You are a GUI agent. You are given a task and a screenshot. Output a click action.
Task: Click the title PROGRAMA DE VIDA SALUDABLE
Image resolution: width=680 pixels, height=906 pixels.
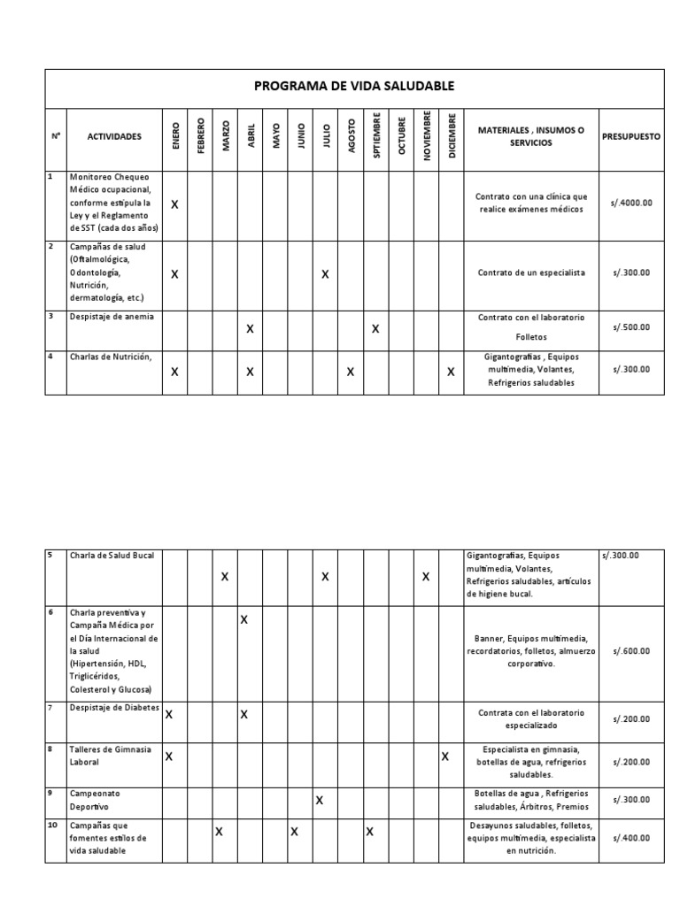pos(353,86)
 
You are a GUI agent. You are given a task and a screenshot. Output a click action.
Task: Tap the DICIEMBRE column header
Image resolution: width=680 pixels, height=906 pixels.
pos(452,136)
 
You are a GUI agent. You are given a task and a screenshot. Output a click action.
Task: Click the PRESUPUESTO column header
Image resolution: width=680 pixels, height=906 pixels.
pos(631,137)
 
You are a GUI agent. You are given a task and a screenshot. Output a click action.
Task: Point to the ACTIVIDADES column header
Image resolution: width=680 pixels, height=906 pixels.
pos(113,137)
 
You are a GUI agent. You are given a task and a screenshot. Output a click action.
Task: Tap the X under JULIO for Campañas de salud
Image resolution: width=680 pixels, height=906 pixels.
pos(326,274)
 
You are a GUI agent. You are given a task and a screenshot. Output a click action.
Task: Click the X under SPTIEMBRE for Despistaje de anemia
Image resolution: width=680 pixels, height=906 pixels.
pos(375,329)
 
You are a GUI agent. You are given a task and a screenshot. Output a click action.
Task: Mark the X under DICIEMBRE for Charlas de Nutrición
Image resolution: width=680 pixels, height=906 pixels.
pos(451,372)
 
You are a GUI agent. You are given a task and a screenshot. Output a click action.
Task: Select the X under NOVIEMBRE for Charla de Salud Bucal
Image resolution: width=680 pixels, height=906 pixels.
pos(426,577)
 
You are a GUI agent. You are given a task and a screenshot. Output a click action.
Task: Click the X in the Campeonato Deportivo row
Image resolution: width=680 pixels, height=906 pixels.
pos(320,801)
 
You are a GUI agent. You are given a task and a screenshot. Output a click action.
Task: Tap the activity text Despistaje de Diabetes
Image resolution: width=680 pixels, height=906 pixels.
pos(114,710)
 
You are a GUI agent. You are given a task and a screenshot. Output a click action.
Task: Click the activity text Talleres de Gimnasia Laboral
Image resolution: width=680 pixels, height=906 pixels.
pos(111,755)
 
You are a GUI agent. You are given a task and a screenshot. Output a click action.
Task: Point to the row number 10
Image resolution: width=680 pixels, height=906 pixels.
pos(51,825)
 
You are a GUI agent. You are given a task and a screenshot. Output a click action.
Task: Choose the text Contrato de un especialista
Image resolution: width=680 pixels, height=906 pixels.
pos(531,273)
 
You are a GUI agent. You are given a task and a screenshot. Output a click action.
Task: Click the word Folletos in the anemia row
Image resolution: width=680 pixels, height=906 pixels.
pos(531,337)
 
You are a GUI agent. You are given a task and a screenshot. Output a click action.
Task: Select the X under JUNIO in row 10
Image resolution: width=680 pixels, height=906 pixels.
pos(294,832)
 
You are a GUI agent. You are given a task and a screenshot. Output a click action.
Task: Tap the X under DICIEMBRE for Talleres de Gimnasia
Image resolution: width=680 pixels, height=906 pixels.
pos(445,756)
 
